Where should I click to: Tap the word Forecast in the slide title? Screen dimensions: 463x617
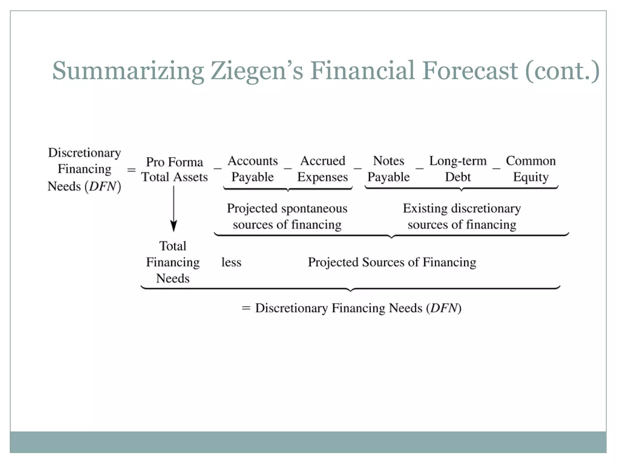coord(470,71)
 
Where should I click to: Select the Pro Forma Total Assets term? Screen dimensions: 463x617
coord(174,169)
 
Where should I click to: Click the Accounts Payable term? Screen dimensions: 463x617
coord(252,169)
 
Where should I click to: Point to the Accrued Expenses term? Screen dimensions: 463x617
coord(322,169)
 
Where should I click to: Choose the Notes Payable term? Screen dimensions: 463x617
coord(388,169)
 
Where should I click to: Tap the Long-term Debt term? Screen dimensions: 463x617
coord(458,169)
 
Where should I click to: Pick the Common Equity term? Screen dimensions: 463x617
coord(531,169)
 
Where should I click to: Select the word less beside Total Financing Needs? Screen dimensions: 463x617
coord(231,262)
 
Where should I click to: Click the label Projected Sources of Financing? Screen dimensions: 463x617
coord(392,262)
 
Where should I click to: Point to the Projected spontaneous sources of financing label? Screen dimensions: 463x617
coord(287,216)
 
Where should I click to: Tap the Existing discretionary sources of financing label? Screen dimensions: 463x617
coord(462,216)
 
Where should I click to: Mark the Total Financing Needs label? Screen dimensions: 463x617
coord(173,262)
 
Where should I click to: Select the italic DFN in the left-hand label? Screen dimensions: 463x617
coord(102,186)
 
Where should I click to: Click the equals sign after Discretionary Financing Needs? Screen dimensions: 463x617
coord(131,170)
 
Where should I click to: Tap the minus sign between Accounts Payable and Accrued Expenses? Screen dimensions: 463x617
coord(287,168)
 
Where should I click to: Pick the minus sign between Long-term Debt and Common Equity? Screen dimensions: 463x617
coord(496,168)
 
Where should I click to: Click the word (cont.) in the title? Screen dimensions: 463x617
coord(562,71)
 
